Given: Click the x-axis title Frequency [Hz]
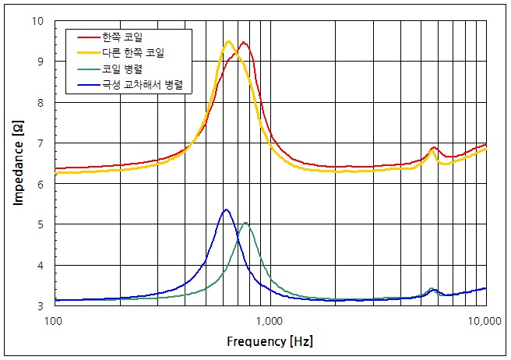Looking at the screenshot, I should tap(270, 341).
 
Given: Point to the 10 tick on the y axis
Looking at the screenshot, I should tap(38, 21).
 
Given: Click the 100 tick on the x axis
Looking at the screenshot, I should tap(55, 320).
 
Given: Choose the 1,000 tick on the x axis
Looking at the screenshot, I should tap(270, 320).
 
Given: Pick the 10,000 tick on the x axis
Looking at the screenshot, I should tap(484, 320).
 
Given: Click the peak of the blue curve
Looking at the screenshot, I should tap(226, 210).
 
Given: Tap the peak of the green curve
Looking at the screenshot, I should tap(245, 223).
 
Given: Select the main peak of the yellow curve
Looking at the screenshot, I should tap(228, 41).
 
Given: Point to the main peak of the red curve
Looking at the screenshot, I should tap(244, 42).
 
